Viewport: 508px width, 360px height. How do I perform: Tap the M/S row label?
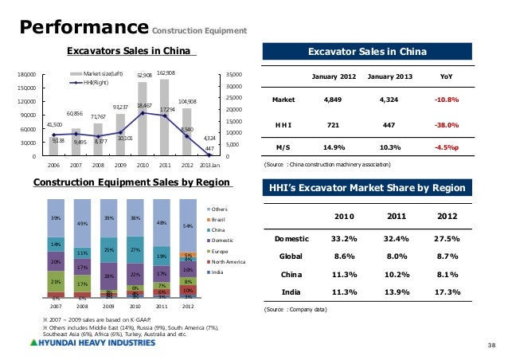pos(283,148)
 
